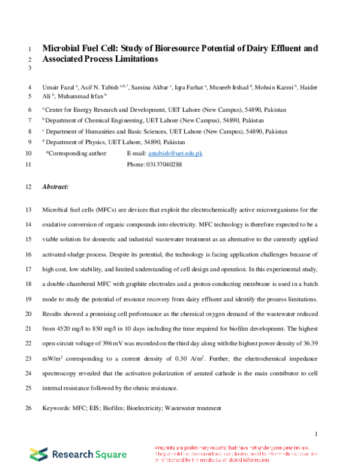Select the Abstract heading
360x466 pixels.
(55, 187)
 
